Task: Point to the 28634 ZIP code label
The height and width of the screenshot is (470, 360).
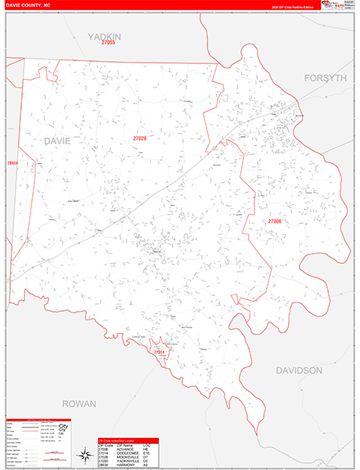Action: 12,163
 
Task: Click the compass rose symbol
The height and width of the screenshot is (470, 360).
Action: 84,454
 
